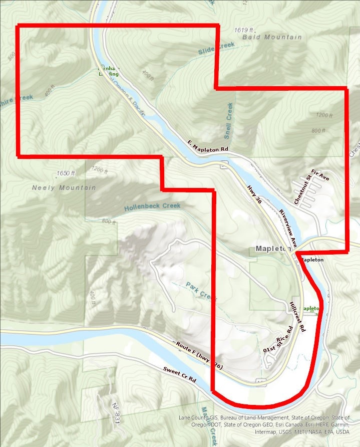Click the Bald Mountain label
272,37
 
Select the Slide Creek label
216,49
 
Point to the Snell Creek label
229,121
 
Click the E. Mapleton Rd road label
208,146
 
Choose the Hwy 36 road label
254,194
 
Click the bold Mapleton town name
273,249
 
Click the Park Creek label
202,291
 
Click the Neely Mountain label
64,187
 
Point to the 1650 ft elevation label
66,173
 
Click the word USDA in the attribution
342,431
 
